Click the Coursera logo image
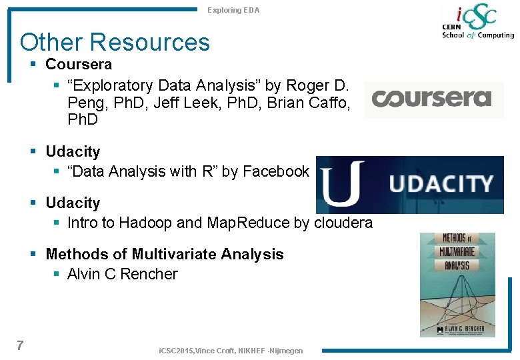(433, 99)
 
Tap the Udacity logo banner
(410, 184)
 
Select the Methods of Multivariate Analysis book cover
(457, 285)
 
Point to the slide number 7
(20, 345)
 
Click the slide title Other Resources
(115, 42)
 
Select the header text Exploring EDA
(233, 10)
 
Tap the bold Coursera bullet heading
(79, 65)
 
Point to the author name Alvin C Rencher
(123, 274)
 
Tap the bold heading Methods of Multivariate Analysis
(165, 254)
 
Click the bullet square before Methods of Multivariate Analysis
(35, 254)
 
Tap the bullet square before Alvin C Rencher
(57, 274)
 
